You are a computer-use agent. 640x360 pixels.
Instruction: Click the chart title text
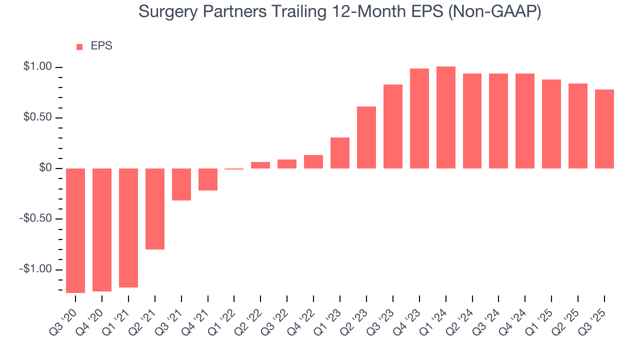pos(339,11)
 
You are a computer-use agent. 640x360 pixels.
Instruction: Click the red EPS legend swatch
pos(79,47)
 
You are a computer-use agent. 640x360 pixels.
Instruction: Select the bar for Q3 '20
pos(75,230)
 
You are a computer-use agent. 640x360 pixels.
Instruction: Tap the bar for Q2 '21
pos(155,208)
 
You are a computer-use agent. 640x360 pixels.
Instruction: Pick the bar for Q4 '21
pos(208,179)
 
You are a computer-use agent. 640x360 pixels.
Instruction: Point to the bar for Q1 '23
pos(340,153)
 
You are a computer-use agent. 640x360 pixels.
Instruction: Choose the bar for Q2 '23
pos(366,137)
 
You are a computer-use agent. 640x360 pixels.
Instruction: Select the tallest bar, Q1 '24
pos(446,117)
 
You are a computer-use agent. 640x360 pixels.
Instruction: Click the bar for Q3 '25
pos(604,129)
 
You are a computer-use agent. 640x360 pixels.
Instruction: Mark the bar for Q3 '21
pos(181,184)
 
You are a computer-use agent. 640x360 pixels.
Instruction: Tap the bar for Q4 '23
pos(419,118)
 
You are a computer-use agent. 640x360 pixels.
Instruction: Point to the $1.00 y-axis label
pos(37,67)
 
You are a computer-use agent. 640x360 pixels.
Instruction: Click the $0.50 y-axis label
pos(37,117)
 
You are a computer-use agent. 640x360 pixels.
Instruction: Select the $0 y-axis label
pos(45,168)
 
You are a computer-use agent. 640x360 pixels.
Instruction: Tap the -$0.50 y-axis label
pos(35,219)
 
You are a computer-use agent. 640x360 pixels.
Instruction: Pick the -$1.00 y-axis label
pos(35,269)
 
